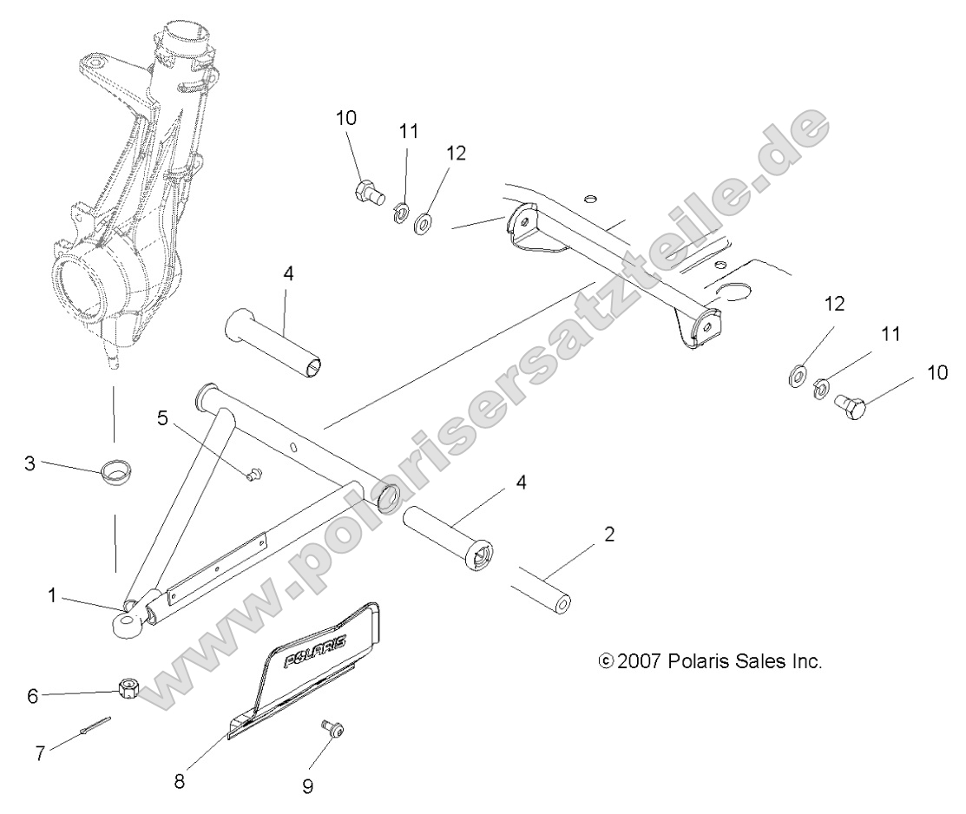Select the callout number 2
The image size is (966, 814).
click(x=609, y=534)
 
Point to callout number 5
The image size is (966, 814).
click(x=161, y=417)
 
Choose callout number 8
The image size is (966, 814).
click(x=180, y=780)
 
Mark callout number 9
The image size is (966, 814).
click(x=308, y=786)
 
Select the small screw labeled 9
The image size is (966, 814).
click(x=332, y=728)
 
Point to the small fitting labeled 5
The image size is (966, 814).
click(x=253, y=474)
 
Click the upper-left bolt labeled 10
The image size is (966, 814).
click(x=369, y=190)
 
